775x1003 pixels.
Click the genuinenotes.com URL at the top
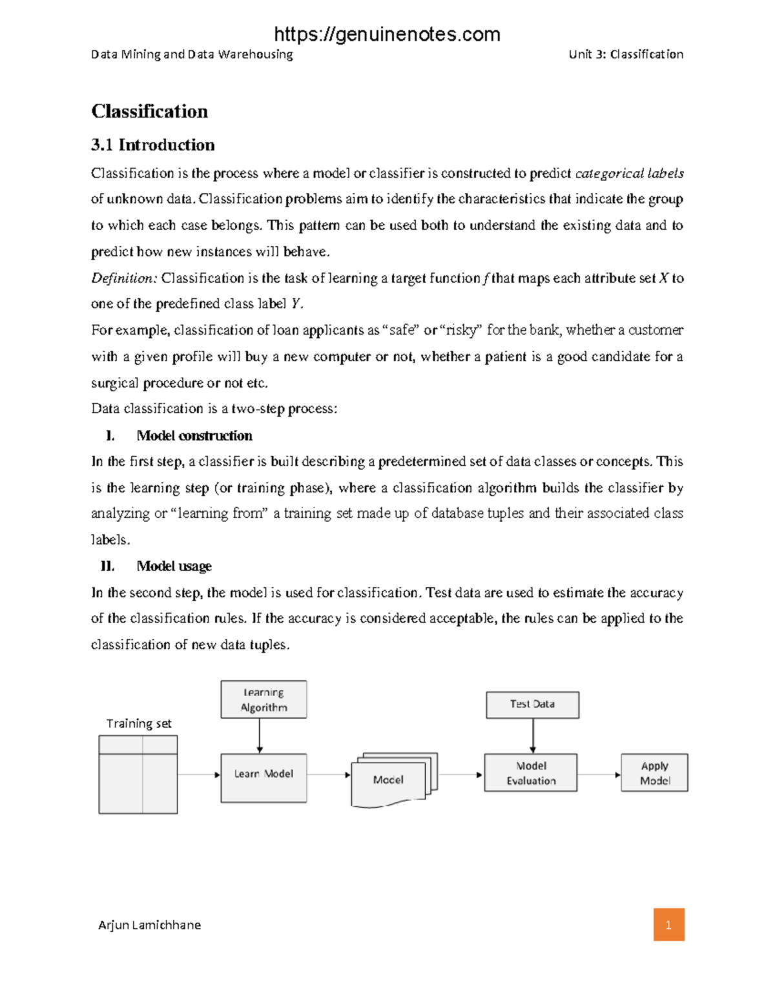[387, 34]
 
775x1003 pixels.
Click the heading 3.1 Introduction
[153, 145]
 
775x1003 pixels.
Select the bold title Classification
[150, 111]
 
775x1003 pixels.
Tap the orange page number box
[668, 924]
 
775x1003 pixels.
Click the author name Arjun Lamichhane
[149, 925]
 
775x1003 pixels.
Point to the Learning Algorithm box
[263, 699]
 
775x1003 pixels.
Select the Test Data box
[532, 705]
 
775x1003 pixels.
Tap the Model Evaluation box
[531, 773]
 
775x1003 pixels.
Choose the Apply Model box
[654, 773]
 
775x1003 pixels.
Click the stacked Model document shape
[389, 780]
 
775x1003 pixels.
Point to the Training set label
[139, 723]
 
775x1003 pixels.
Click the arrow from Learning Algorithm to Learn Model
[260, 736]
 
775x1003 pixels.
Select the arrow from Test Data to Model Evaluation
[533, 736]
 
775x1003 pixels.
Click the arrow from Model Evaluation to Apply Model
[599, 774]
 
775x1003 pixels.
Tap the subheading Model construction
[194, 436]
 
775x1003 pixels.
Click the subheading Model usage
[174, 566]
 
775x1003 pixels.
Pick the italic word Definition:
[124, 278]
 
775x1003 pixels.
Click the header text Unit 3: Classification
[626, 54]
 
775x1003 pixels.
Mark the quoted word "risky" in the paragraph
[460, 330]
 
